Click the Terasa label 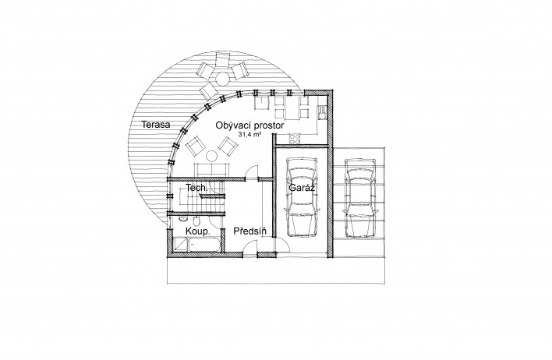[x=156, y=124]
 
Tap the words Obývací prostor [x=249, y=125]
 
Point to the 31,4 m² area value [x=249, y=135]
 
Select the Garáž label [x=302, y=188]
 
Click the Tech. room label [x=196, y=188]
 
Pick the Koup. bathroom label [x=198, y=231]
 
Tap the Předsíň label [x=250, y=231]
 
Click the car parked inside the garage [x=302, y=197]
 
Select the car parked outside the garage [x=360, y=199]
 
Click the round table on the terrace [x=222, y=79]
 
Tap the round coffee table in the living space [x=212, y=156]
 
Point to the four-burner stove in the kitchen [x=295, y=139]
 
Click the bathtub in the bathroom [x=204, y=245]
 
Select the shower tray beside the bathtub [x=181, y=245]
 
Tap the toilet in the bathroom [x=196, y=221]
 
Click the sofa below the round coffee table [x=211, y=171]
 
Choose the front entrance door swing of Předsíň [x=250, y=246]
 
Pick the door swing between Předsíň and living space [x=252, y=172]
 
